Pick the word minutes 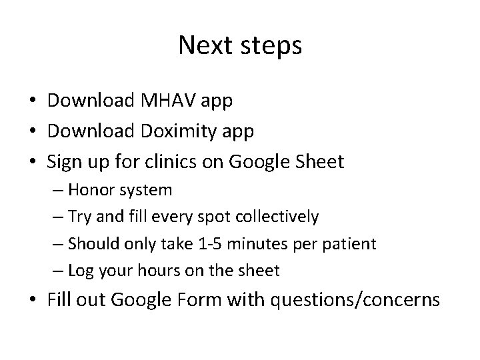(251, 243)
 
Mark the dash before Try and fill (60, 217)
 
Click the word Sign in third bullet (64, 161)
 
